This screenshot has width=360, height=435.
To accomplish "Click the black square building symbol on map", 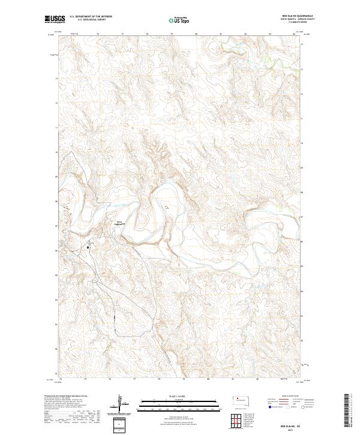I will pos(88,247).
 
